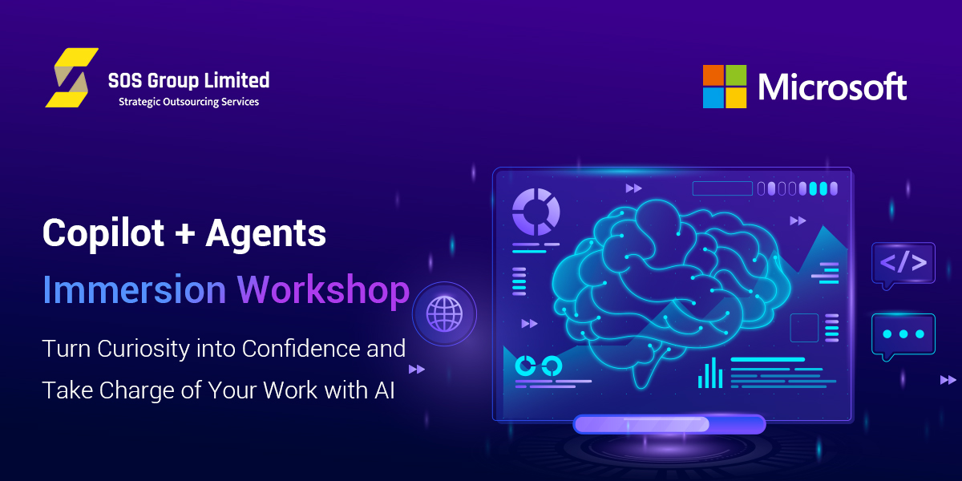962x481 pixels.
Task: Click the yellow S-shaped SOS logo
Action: click(71, 78)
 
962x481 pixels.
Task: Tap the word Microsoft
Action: click(832, 87)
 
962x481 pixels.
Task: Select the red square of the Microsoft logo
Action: click(713, 75)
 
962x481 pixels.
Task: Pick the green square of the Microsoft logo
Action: click(736, 75)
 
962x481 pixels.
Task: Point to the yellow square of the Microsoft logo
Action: click(736, 98)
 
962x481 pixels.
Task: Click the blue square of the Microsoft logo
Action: click(713, 98)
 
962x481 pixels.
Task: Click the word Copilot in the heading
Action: click(103, 234)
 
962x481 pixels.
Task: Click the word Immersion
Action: click(135, 290)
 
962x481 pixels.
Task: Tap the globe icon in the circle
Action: click(444, 314)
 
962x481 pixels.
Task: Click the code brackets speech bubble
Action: click(903, 265)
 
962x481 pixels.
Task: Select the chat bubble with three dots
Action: click(903, 336)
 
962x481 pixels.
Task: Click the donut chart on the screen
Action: click(536, 212)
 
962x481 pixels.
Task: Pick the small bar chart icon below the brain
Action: click(710, 374)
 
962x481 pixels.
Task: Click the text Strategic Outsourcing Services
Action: click(189, 103)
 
